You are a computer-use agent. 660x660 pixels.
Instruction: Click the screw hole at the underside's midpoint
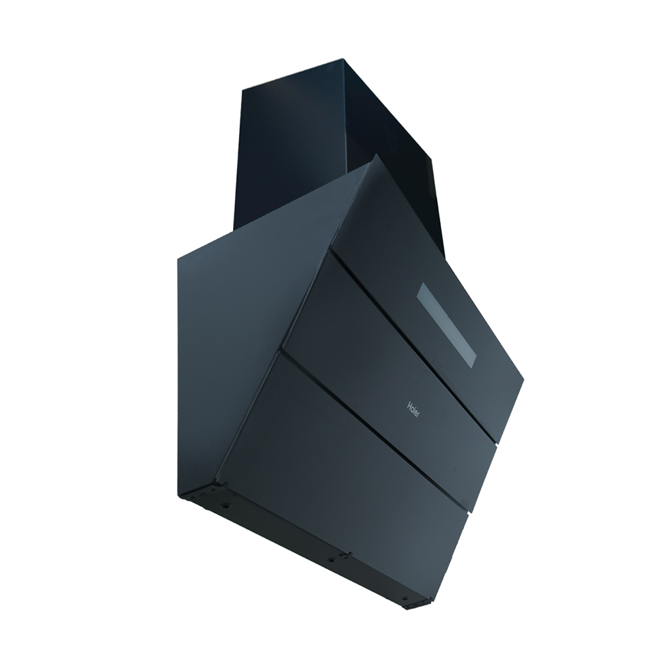pos(331,558)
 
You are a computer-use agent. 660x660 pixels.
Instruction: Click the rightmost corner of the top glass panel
pos(523,380)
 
